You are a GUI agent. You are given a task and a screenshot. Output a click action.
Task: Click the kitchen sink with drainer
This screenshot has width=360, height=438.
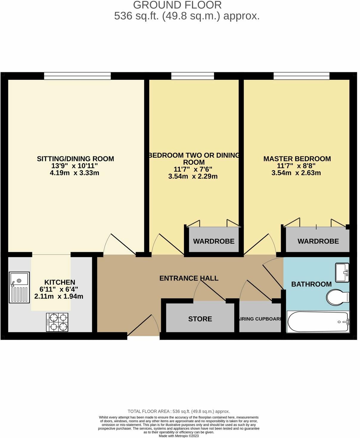pos(19,287)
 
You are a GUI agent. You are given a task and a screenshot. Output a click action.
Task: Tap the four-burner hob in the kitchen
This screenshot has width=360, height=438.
pos(57,322)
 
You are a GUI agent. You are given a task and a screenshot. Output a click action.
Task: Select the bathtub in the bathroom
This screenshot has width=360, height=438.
pos(318,322)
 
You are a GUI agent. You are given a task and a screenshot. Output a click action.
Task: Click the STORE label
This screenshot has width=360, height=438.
pos(200,319)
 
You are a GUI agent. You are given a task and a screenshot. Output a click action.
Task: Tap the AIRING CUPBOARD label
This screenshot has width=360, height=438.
pos(260,319)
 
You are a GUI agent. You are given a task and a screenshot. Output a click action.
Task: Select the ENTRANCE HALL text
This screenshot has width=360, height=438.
pos(189,278)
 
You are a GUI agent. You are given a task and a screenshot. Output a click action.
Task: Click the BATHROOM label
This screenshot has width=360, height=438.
pos(311,284)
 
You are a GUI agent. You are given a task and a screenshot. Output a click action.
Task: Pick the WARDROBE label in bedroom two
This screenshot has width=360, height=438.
pos(214,241)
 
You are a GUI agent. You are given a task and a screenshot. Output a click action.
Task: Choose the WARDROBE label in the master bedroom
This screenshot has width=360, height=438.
pos(318,241)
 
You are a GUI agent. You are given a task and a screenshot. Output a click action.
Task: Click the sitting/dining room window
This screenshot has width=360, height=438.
pos(77,76)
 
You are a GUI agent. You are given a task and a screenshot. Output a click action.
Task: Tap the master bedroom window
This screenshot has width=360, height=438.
pos(302,76)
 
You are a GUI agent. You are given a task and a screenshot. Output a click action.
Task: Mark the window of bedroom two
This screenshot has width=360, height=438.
pos(193,76)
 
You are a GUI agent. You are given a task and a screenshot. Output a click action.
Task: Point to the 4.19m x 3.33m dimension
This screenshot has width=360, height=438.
pos(75,173)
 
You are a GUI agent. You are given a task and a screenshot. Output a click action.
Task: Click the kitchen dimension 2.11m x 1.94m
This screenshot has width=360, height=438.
pos(59,297)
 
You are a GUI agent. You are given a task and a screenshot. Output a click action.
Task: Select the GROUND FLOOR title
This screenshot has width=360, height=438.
pos(177,5)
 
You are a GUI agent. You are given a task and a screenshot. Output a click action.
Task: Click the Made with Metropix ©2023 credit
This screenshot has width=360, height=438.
pos(179,436)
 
